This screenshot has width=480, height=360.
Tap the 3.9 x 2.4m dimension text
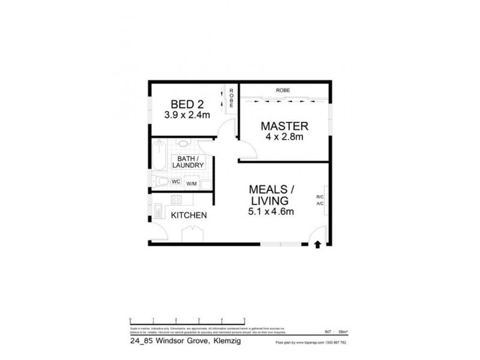[186, 114]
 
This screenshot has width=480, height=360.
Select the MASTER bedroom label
[284, 127]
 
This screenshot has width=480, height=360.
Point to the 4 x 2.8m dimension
[284, 137]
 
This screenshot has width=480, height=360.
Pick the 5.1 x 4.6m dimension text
[270, 211]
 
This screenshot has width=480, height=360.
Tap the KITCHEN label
[189, 215]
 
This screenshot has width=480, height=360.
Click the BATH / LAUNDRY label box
[188, 161]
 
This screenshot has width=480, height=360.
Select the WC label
[176, 181]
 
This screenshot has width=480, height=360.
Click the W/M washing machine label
[192, 184]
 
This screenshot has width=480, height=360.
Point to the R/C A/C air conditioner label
[320, 200]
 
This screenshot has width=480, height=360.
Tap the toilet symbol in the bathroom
[161, 181]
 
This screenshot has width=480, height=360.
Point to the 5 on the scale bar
[244, 319]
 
